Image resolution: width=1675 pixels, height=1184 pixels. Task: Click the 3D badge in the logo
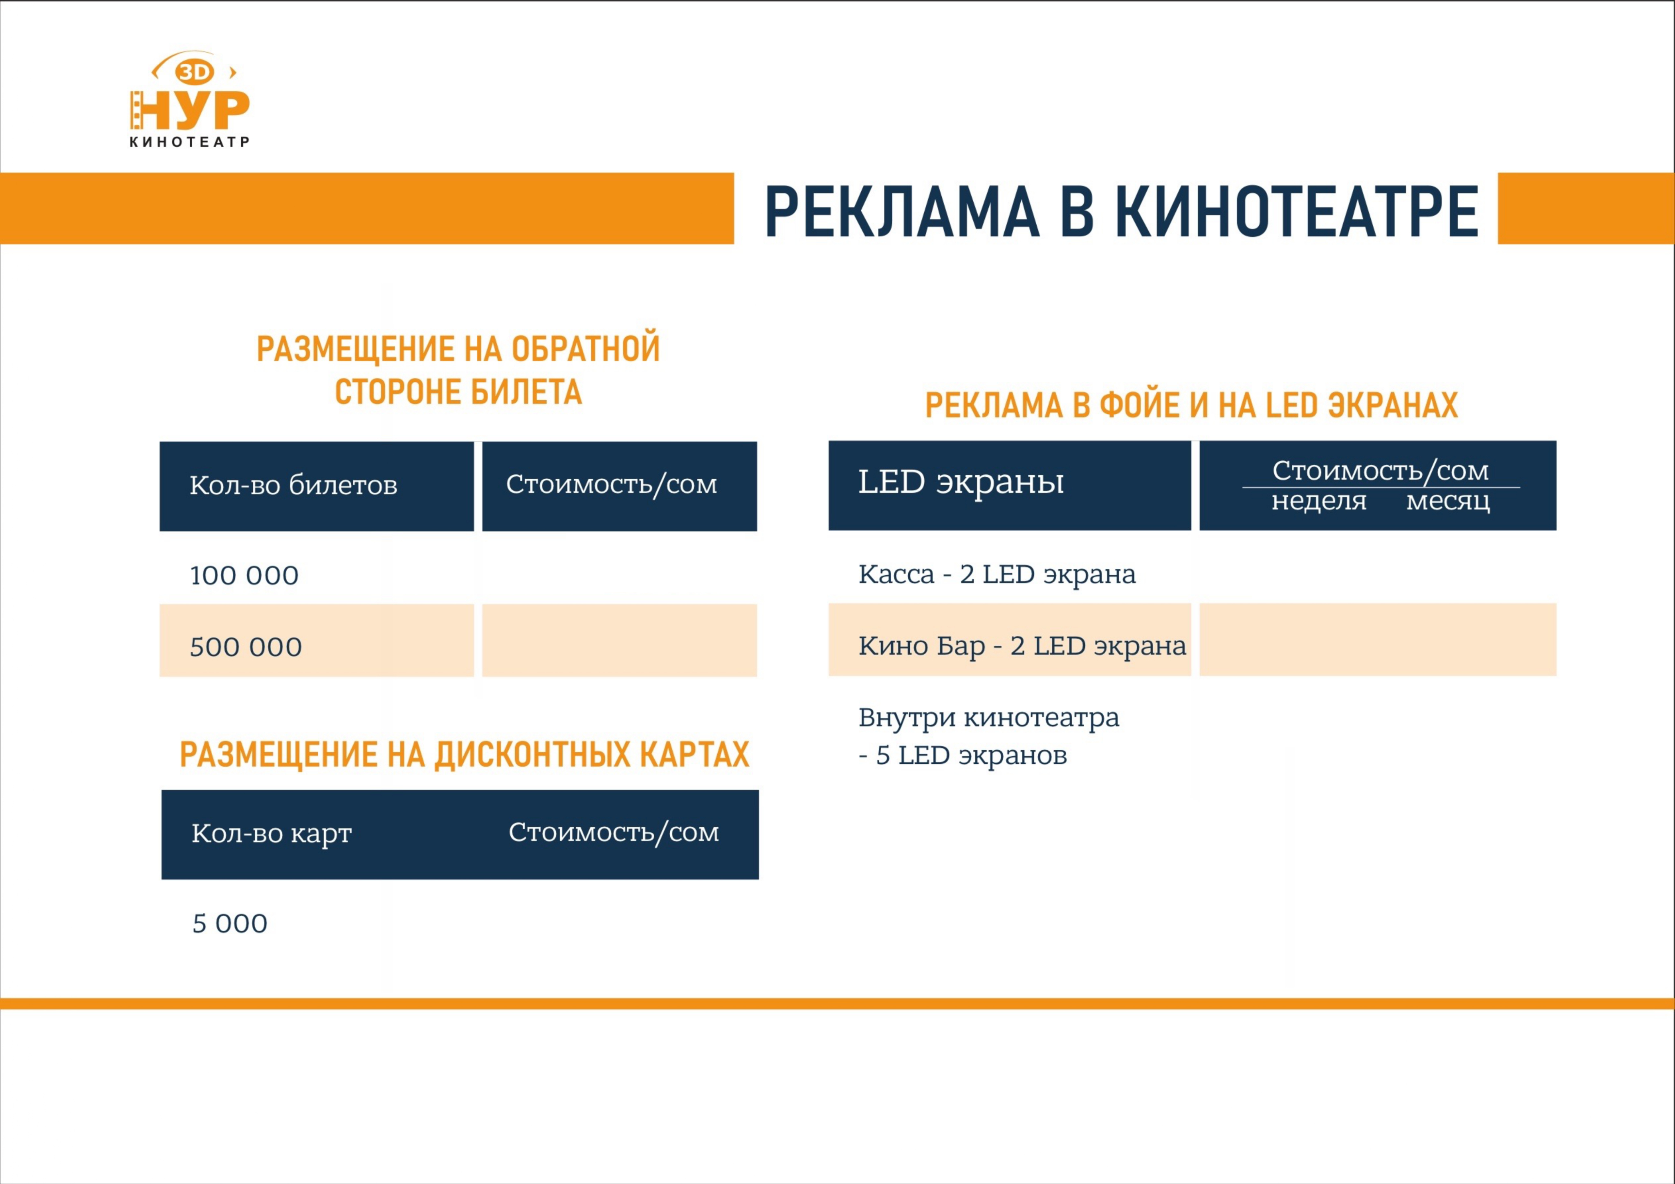pos(194,72)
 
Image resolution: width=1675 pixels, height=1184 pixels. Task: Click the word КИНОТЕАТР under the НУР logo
pos(190,141)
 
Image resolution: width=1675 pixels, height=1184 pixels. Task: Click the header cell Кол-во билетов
pos(293,485)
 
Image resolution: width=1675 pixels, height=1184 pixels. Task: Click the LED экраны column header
pos(961,482)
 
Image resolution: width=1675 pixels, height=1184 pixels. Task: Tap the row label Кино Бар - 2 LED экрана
pos(1022,646)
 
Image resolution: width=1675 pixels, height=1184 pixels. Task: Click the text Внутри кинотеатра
pos(988,718)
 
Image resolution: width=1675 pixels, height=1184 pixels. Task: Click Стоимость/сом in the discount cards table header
pos(613,832)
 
